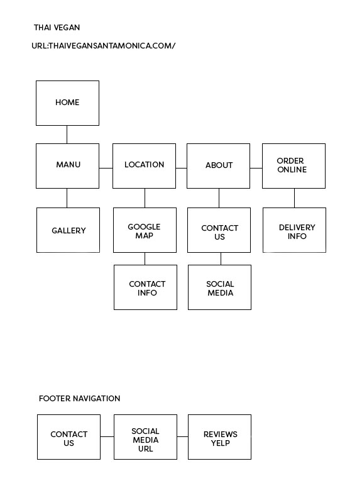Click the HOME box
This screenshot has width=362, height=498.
pos(67,103)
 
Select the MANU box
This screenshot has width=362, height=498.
pos(67,166)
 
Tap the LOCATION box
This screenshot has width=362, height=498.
pos(144,166)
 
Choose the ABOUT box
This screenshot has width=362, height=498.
pos(219,166)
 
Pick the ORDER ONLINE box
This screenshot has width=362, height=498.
pos(293,166)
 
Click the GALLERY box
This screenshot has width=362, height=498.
pos(68,230)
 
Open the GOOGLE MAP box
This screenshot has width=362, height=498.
pos(145,230)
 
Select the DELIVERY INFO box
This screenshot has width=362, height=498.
pos(294,230)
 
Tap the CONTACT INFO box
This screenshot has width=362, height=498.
pos(145,287)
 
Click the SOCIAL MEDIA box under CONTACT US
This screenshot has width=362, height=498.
pos(219,287)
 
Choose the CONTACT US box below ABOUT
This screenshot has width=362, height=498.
pos(219,230)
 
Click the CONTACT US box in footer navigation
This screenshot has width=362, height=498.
pos(69,437)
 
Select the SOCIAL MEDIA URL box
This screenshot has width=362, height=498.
pos(145,437)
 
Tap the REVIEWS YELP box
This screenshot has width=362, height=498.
pos(219,437)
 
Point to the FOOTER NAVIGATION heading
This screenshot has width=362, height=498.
pos(79,399)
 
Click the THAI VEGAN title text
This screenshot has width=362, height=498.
pos(57,28)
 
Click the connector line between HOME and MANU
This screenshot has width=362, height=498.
pos(67,135)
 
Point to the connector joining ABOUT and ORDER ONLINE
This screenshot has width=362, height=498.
pos(256,168)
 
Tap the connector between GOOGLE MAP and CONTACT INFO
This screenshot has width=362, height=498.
pos(145,259)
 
